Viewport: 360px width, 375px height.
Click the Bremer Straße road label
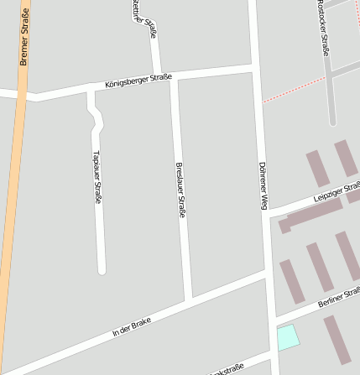[24, 37]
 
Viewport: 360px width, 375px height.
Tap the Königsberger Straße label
[138, 81]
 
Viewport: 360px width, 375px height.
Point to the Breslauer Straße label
[180, 190]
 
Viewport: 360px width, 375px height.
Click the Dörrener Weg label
[263, 185]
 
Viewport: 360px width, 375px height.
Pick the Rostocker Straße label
[323, 28]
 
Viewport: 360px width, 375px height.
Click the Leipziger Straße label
[337, 192]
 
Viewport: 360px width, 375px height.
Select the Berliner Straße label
[340, 297]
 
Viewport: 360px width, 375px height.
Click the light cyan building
[288, 336]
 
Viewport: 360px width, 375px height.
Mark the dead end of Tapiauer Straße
[102, 270]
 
